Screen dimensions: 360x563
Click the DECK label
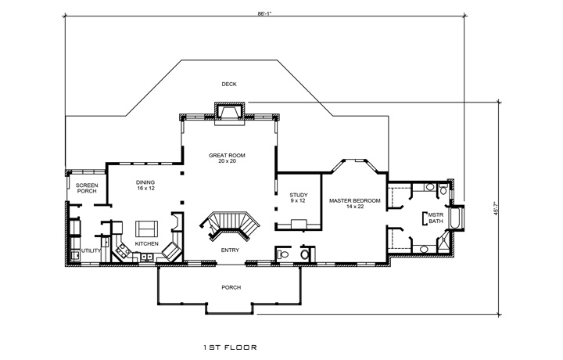228,84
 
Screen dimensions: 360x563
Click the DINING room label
145,185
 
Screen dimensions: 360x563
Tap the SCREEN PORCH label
86,188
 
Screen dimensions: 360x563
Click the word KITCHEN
147,244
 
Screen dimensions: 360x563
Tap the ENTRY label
230,250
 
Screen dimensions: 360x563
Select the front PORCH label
231,287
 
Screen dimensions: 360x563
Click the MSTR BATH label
435,218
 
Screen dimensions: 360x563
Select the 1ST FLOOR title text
229,345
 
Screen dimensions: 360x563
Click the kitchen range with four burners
122,252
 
